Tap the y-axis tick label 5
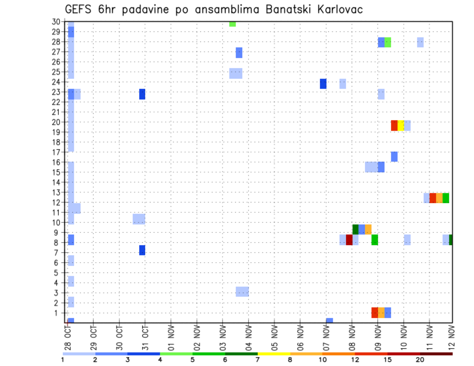tap(58, 273)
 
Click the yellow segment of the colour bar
tap(274, 354)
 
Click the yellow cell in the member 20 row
tap(400, 125)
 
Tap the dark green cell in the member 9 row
tap(355, 229)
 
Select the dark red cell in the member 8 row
tap(349, 240)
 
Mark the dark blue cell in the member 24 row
tap(323, 84)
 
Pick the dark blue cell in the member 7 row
tap(142, 250)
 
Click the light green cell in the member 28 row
tap(388, 42)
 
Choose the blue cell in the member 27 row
tap(239, 53)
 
